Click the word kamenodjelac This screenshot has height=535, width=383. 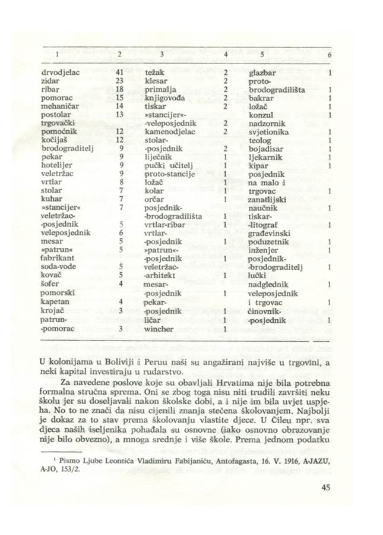pos(169,131)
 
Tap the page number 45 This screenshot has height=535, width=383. pos(325,505)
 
